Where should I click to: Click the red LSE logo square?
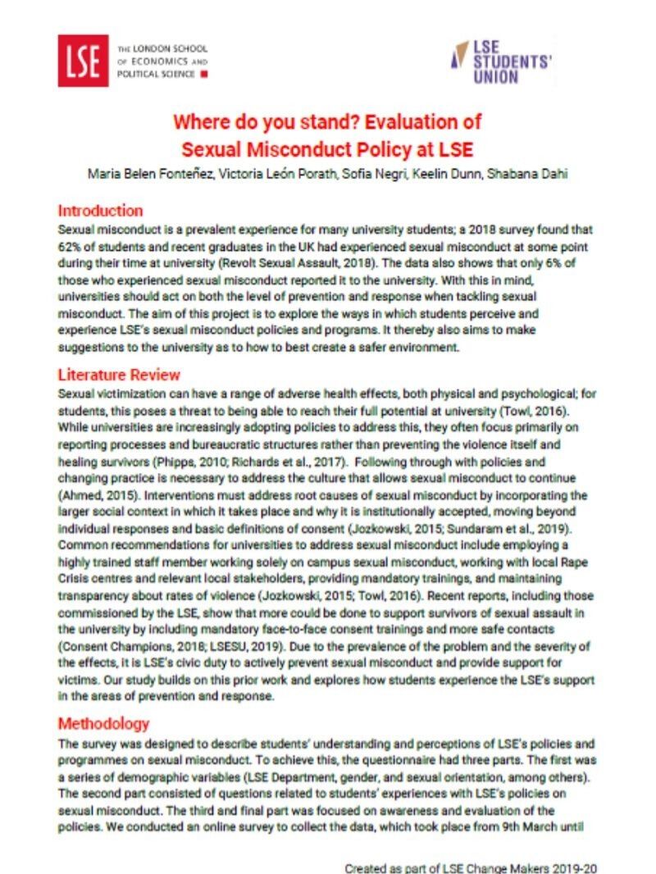83,61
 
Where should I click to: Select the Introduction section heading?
100,211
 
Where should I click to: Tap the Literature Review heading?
119,375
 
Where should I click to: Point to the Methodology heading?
103,724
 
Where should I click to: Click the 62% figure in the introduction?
71,247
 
